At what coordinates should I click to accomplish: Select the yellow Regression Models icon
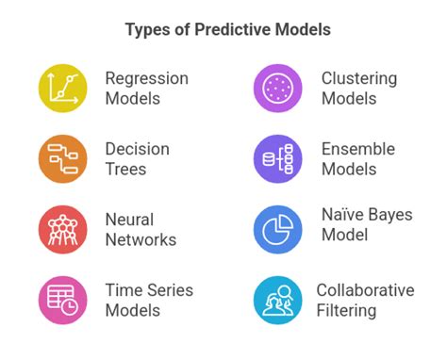(62, 89)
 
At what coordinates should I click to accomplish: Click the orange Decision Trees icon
(62, 158)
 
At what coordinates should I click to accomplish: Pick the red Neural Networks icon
(62, 229)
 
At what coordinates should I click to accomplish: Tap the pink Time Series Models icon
(62, 300)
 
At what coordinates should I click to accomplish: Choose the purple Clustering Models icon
(277, 89)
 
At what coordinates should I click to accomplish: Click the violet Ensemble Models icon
(277, 158)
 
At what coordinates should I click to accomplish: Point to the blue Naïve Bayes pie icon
(277, 229)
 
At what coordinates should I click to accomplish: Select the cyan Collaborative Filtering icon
(277, 300)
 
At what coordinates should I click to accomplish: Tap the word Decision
(138, 149)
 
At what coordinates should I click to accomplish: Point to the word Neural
(130, 219)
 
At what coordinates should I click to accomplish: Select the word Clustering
(359, 78)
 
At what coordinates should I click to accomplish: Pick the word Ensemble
(357, 149)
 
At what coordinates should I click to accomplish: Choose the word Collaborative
(365, 290)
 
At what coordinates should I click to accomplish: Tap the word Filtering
(346, 310)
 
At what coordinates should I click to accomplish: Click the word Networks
(141, 239)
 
